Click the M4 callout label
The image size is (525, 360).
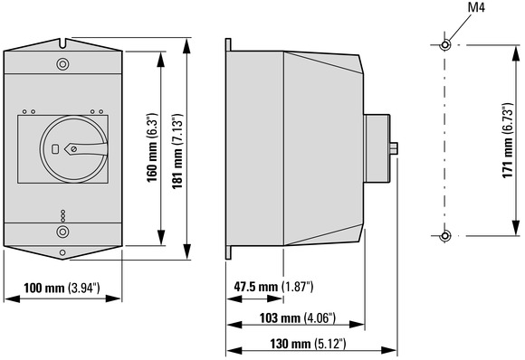pos(476,7)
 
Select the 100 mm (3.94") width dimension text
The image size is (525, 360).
pos(62,288)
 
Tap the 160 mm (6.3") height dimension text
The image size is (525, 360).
pos(152,147)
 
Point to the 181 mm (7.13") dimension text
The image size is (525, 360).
pos(177,151)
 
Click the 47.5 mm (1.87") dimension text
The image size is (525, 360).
pos(273,287)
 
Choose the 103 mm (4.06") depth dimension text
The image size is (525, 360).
pos(298,318)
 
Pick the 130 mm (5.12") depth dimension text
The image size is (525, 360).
pos(308,344)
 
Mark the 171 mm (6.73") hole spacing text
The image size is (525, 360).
pos(508,140)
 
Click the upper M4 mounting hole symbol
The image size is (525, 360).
pos(445,44)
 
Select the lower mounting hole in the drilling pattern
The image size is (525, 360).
pos(445,236)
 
